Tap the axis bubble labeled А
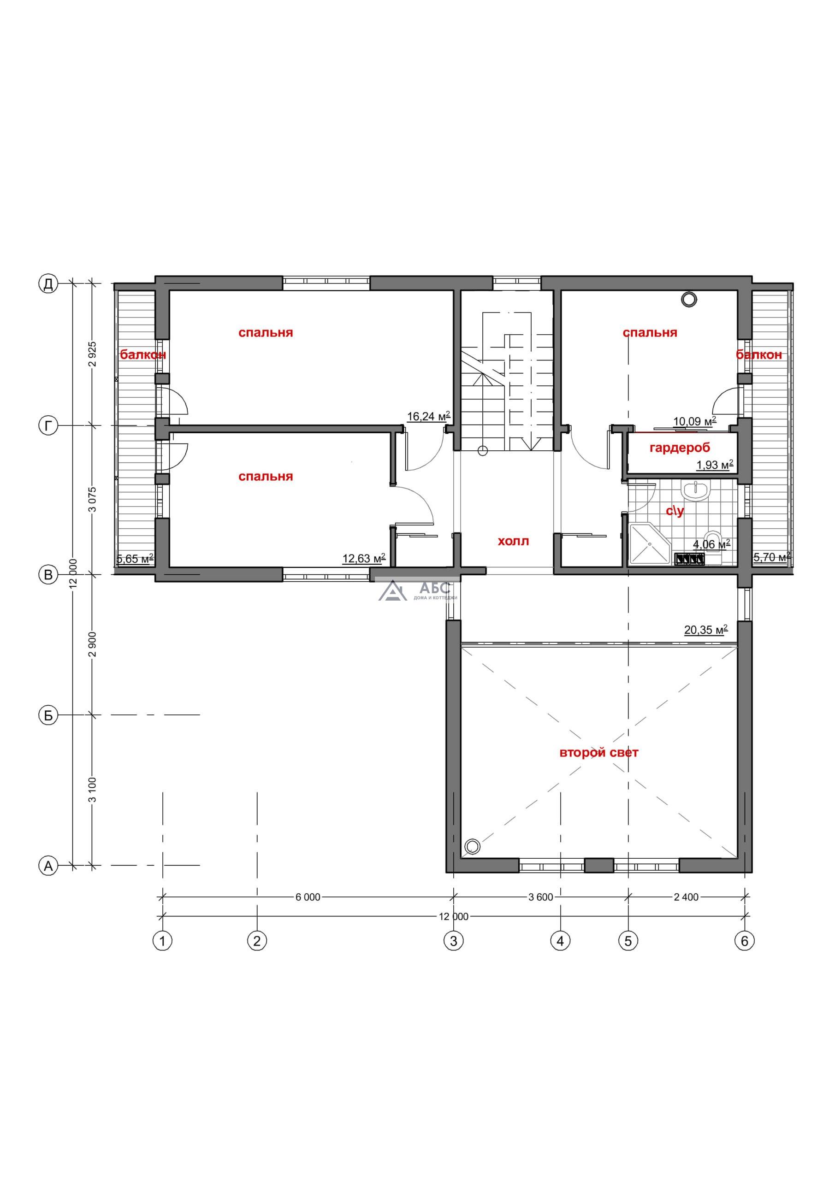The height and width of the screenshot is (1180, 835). (48, 866)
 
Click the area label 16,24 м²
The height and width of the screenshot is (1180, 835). (429, 416)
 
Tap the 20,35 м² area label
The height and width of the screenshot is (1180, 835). (706, 630)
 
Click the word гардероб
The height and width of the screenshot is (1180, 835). (680, 448)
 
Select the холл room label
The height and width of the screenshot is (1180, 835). (513, 541)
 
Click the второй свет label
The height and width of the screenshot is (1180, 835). (598, 753)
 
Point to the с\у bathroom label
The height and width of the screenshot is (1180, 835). (675, 511)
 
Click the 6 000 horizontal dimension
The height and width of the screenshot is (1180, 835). (308, 897)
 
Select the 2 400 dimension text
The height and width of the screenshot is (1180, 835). (686, 897)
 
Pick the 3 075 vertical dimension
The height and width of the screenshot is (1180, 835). (93, 499)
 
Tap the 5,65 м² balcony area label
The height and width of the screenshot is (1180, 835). (135, 559)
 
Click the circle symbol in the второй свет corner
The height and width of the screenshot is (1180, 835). (472, 846)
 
